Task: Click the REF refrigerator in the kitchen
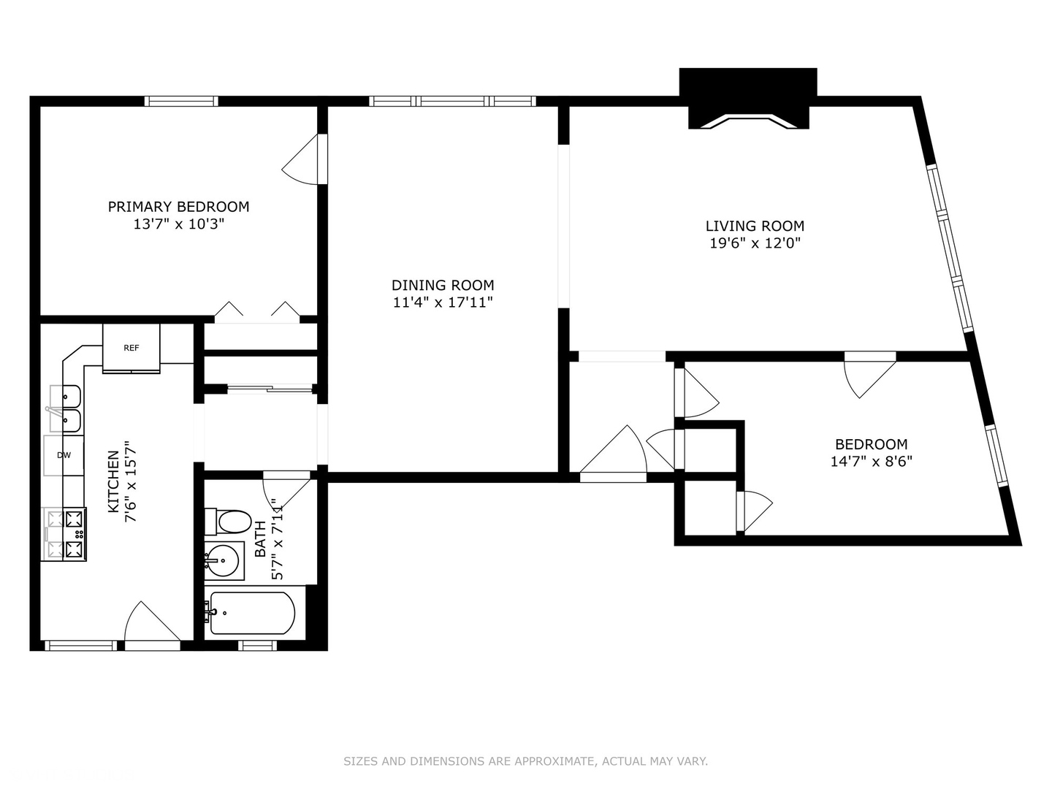pos(131,348)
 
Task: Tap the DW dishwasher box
pos(64,455)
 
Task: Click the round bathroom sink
pos(224,560)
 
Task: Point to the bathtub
pos(252,613)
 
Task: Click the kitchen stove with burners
pos(66,534)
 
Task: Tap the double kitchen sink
pos(66,408)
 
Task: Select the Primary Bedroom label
pos(178,207)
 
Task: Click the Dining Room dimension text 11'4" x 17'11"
pos(443,302)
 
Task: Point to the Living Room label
pos(755,226)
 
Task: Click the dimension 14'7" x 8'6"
pos(871,461)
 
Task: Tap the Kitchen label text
pos(113,481)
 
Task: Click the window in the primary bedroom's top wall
pos(181,101)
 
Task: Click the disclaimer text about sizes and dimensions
pos(525,761)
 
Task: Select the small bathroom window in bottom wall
pos(258,645)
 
